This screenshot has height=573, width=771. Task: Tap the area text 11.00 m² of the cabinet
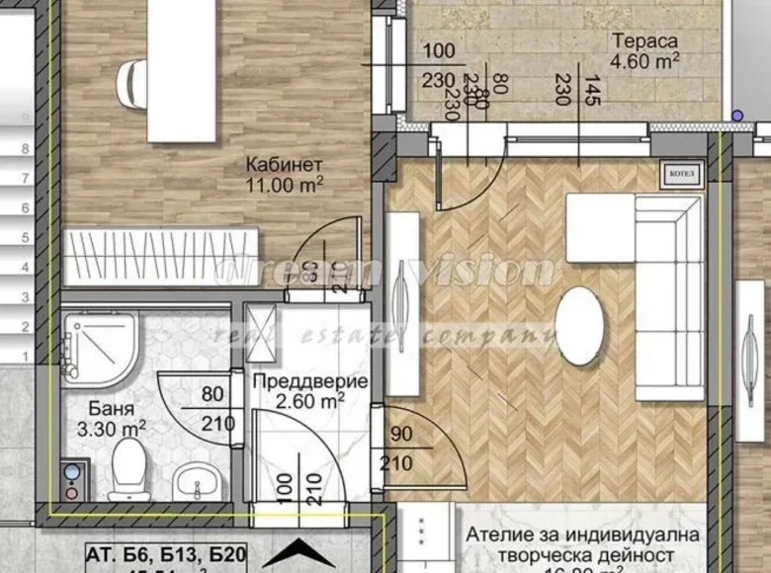pyautogui.click(x=286, y=184)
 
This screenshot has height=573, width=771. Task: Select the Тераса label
pyautogui.click(x=643, y=41)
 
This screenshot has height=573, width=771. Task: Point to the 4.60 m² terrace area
pyautogui.click(x=643, y=61)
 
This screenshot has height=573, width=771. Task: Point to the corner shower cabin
pyautogui.click(x=99, y=351)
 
